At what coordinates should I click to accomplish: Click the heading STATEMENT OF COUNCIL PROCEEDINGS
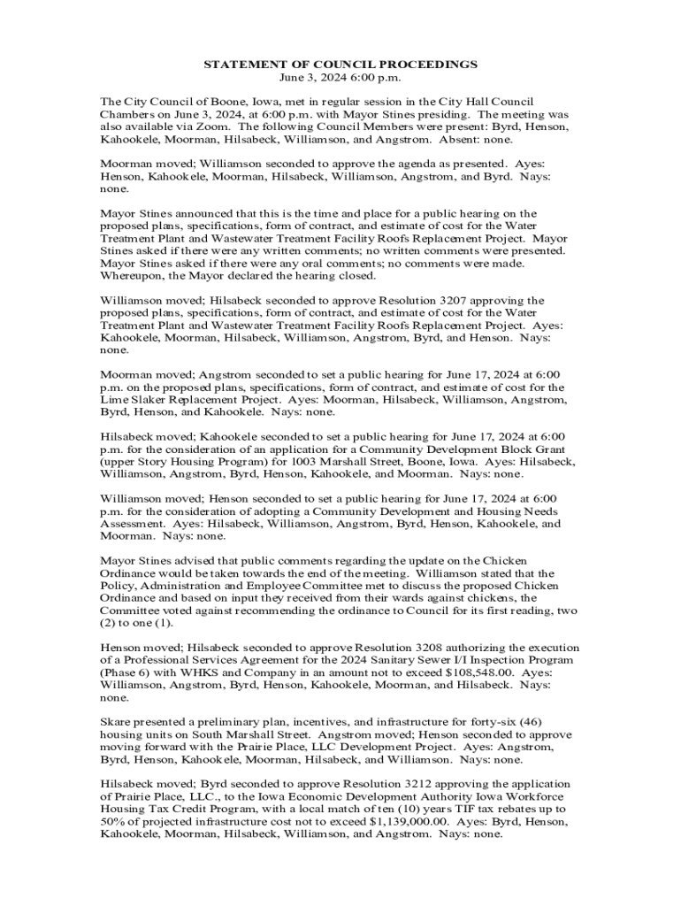click(340, 65)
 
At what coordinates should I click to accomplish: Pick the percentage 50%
click(113, 820)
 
